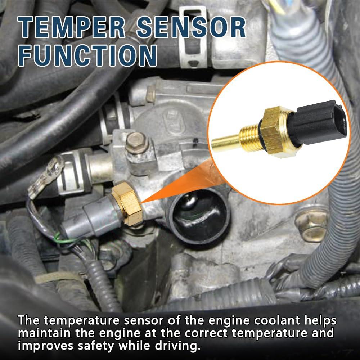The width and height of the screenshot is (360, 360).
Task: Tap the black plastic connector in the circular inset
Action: click(x=317, y=122)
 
